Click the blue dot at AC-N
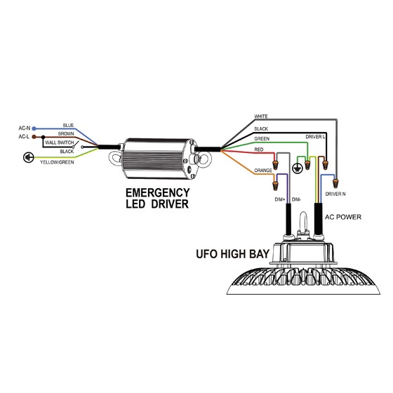click(x=34, y=128)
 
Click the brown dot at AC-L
click(x=34, y=137)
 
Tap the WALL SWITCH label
click(x=60, y=142)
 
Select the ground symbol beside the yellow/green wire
click(x=28, y=158)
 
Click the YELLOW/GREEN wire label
click(x=57, y=162)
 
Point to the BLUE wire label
click(x=68, y=126)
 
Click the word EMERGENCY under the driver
click(x=157, y=193)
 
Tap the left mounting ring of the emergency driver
click(x=115, y=158)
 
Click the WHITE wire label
click(x=261, y=116)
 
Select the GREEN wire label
click(x=262, y=139)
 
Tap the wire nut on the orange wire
click(x=276, y=186)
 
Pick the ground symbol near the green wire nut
click(x=298, y=168)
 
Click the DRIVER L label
click(x=315, y=137)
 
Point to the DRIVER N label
click(x=335, y=194)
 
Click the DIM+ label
click(x=280, y=200)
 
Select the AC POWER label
click(x=343, y=217)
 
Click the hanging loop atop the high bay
click(x=303, y=222)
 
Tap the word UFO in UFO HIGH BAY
click(x=206, y=254)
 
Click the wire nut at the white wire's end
click(x=335, y=183)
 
